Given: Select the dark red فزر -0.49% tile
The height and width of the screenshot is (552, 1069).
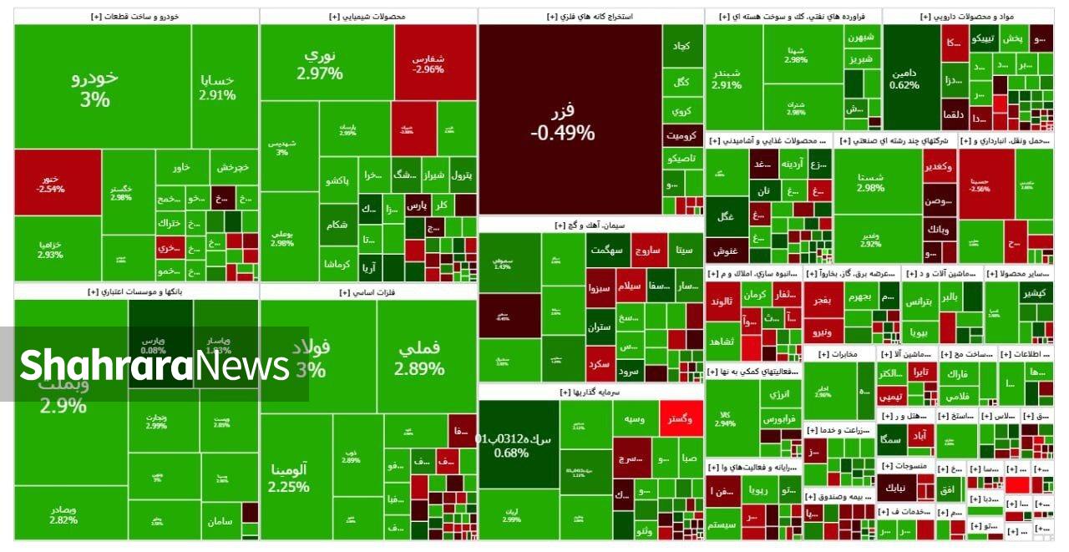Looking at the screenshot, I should click(x=570, y=119).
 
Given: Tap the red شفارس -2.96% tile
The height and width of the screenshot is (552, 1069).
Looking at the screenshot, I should click(x=434, y=63).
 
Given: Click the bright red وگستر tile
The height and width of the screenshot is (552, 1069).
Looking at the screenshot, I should click(x=681, y=418).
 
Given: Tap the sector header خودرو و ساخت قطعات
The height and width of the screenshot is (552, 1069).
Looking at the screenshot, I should click(x=135, y=16).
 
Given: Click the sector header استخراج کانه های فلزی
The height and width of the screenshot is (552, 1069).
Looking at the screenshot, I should click(x=590, y=16).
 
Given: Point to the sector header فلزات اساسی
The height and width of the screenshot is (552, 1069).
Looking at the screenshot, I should click(x=367, y=292).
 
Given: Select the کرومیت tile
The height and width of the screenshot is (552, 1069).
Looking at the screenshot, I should click(x=682, y=134).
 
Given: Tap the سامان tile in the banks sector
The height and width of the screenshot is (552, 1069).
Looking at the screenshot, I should click(x=220, y=521).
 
